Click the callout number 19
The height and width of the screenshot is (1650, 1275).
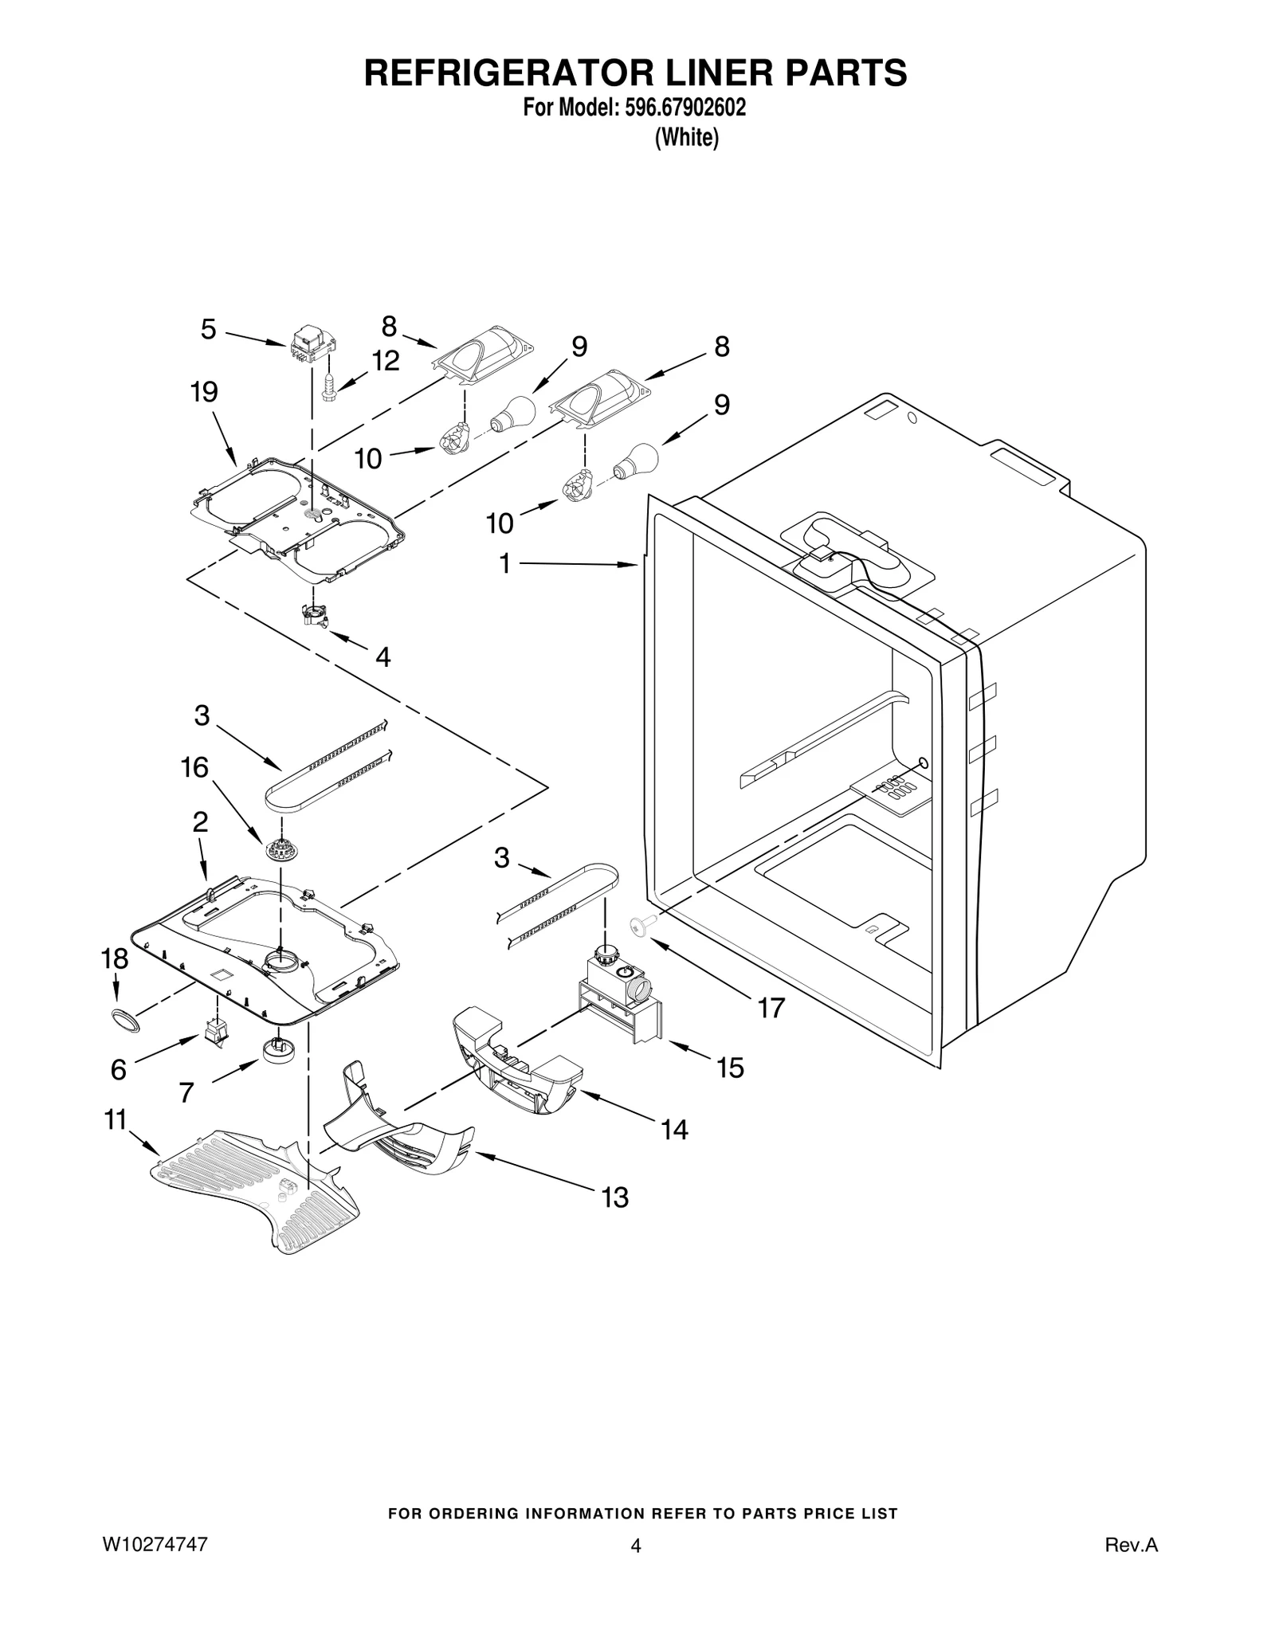click(204, 392)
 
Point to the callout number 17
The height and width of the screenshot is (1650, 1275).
click(771, 1008)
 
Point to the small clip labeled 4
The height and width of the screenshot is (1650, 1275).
click(316, 614)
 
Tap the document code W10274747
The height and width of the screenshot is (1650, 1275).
click(155, 1544)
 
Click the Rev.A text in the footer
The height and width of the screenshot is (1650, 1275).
click(1131, 1546)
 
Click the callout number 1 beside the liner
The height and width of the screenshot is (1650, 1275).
click(504, 563)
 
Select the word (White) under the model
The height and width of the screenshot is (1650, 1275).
click(686, 138)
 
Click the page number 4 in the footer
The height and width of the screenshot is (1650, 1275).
click(635, 1546)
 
